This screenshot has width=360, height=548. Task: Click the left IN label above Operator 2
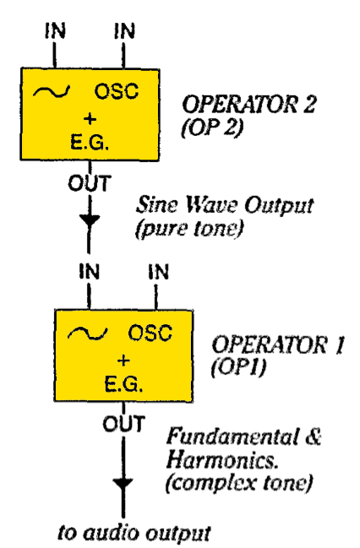[55, 30]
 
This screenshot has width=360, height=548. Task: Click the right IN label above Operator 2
[124, 30]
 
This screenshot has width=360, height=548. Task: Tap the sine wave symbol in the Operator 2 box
[52, 91]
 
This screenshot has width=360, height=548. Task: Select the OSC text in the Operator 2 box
[117, 91]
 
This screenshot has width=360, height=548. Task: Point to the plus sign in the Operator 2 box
[90, 119]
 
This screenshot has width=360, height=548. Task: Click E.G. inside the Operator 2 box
[90, 142]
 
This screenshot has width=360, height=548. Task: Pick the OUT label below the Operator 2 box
[90, 183]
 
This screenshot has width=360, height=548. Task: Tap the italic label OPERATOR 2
[249, 104]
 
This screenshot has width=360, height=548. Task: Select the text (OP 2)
[212, 128]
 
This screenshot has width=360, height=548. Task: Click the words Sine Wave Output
[225, 205]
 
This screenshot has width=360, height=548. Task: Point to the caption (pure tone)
[189, 229]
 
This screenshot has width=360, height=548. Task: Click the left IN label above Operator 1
[90, 272]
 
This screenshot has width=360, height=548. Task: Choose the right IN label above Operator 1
[159, 272]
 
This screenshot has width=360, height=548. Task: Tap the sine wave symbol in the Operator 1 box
[87, 334]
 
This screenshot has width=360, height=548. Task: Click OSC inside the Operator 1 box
[150, 333]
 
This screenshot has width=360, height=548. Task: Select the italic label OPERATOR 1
[278, 345]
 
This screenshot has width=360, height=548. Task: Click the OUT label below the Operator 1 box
[123, 424]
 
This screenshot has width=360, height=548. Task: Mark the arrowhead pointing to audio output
[123, 485]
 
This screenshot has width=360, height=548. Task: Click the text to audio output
[134, 533]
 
